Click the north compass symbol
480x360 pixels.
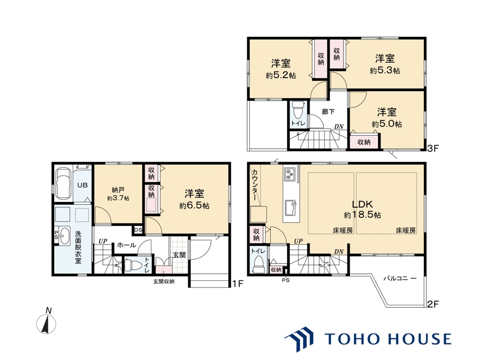coord(46,322)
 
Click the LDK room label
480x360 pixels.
coord(362,204)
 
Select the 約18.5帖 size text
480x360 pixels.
coord(363,215)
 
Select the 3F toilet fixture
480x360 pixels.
coord(297,110)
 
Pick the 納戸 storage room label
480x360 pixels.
coord(118,190)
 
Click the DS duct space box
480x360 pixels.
coord(138,230)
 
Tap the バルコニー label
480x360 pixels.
coord(400,279)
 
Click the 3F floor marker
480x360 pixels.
coord(433,149)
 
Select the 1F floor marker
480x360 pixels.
coord(237,284)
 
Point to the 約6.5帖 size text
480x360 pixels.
coord(194,205)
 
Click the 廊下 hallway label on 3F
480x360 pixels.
coord(328,112)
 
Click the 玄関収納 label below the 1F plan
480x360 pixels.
coord(164,281)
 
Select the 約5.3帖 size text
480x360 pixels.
coord(385,70)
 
